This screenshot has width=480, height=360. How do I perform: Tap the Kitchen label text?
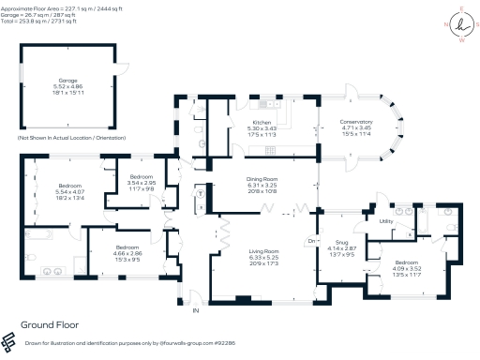click(260, 123)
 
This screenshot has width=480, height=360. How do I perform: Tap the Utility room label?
click(386, 221)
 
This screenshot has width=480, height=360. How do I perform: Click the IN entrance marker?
click(196, 309)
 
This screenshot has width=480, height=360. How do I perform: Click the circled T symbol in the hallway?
click(202, 194)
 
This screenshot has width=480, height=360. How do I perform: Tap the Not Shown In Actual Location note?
click(73, 138)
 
